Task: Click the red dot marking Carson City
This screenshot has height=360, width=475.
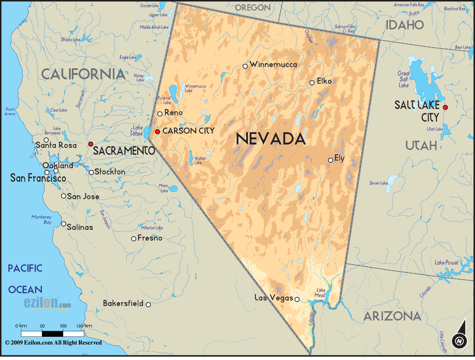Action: click(x=157, y=132)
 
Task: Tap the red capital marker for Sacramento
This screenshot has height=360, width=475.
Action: click(x=90, y=144)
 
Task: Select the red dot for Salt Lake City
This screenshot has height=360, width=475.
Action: click(x=445, y=107)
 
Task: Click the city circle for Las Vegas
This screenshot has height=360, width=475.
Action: click(x=297, y=299)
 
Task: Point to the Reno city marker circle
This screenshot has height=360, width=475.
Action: click(x=160, y=114)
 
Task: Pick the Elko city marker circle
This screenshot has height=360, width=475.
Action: click(x=312, y=82)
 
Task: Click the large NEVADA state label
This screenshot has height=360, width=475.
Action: click(x=271, y=139)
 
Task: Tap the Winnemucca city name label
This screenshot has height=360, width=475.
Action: click(x=273, y=64)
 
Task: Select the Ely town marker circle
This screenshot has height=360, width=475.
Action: click(x=331, y=160)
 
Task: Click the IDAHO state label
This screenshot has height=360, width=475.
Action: click(x=405, y=25)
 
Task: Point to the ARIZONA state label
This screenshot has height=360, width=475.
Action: click(x=392, y=316)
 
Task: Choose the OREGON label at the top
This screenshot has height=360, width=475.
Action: click(x=253, y=7)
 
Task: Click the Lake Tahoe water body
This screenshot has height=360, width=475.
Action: click(x=147, y=133)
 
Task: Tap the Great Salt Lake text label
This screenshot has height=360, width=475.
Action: click(x=404, y=79)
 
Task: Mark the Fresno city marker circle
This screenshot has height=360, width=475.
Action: click(x=134, y=239)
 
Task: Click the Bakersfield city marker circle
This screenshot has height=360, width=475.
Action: click(x=148, y=304)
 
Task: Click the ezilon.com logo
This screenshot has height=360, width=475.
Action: click(x=47, y=303)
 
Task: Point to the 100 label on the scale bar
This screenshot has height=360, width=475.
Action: click(x=63, y=326)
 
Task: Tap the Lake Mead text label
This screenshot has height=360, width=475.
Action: click(x=320, y=292)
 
